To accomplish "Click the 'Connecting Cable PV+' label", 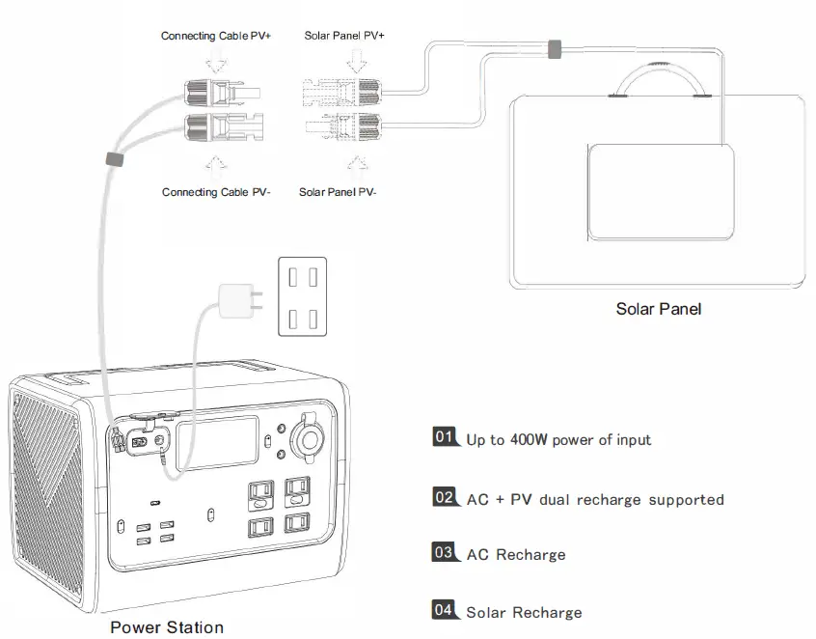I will (216, 37).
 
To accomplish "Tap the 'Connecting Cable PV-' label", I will (216, 192).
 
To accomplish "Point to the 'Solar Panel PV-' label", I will (338, 192).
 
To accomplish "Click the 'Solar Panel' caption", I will (658, 310).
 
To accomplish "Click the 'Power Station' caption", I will (166, 627).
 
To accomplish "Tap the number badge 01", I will (444, 437).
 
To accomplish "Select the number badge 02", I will (444, 498).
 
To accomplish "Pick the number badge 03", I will (444, 553).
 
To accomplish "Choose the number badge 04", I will (444, 610).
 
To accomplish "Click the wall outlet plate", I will (303, 295).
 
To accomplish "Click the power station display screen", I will (217, 443).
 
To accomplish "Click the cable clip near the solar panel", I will (555, 49).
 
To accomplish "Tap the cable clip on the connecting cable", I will (113, 159).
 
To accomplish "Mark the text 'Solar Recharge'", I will (524, 613).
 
